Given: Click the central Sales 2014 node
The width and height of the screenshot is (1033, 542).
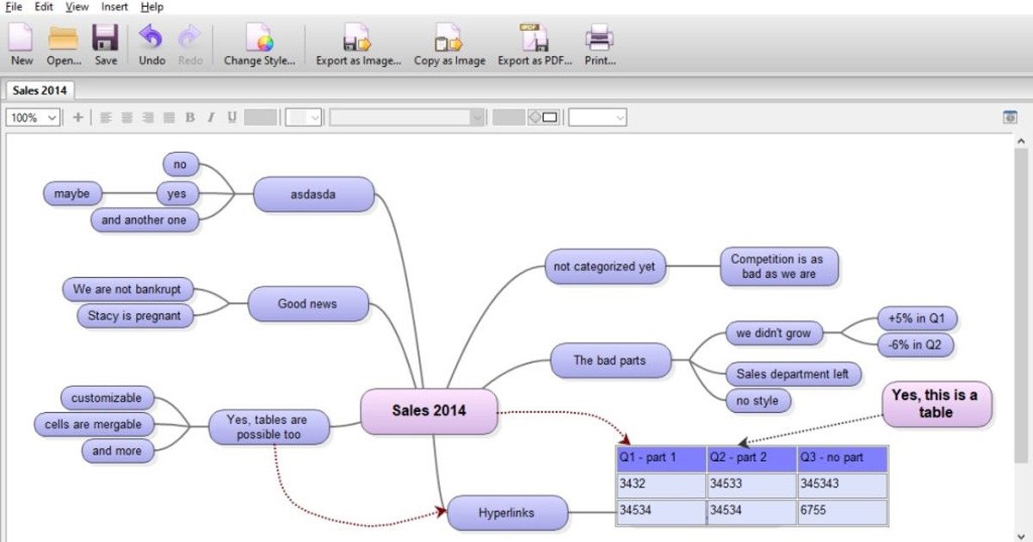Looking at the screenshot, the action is tap(429, 411).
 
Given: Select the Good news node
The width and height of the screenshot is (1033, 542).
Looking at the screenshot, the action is tap(308, 304).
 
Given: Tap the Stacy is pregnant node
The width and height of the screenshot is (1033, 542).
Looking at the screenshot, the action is tap(135, 316).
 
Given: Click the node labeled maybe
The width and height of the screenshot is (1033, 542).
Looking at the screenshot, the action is tap(72, 194).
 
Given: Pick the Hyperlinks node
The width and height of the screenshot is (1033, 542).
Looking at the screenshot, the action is tap(507, 513).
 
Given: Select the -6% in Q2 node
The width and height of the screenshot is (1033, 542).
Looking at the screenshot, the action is tap(915, 345).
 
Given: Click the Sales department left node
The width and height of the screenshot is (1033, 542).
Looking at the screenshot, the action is tap(793, 373).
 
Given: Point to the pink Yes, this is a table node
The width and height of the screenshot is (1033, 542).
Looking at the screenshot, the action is tap(937, 403).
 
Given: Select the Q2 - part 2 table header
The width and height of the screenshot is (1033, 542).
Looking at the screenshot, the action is tap(752, 459).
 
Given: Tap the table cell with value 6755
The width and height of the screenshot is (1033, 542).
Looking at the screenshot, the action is tap(842, 512).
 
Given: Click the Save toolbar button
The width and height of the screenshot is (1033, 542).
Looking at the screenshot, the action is tap(106, 45).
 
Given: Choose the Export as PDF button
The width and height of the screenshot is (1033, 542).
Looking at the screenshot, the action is tap(535, 45).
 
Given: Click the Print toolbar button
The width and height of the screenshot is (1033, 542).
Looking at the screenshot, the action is tap(599, 45).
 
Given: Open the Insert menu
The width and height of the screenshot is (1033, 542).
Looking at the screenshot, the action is tap(114, 7).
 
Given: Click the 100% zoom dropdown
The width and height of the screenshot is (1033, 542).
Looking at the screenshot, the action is tap(33, 118).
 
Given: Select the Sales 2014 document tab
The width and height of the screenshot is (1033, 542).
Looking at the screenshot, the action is tap(40, 90).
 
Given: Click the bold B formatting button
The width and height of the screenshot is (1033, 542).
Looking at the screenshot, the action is tap(189, 118).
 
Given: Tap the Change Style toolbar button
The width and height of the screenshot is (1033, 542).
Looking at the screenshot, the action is tap(259, 45).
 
